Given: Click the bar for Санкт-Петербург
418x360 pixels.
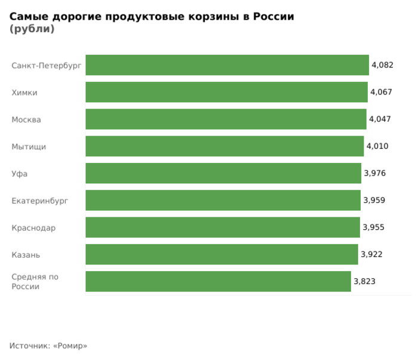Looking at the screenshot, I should point(227,65).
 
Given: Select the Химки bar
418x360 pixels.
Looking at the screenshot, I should point(226,92).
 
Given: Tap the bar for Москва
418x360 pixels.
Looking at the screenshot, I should point(226,119).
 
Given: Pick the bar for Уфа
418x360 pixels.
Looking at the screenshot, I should point(223,173).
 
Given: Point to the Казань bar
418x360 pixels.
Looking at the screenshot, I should point(222,254).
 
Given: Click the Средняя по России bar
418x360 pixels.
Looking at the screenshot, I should point(218,281).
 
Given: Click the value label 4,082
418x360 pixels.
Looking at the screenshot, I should point(382,65).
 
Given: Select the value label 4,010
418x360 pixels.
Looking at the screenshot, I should point(377,146).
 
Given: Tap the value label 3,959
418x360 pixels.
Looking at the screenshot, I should point(374,200).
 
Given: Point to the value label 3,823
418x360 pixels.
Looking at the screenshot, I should point(364,281).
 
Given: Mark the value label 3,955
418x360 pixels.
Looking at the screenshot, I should point(373,227).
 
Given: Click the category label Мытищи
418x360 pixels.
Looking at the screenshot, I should point(29,147).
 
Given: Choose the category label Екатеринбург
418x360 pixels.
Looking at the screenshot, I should point(40,201).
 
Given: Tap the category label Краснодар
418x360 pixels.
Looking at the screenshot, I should point(33,228).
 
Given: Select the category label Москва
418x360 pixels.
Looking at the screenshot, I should point(26,119).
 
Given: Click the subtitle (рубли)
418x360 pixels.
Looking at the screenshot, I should point(32,29).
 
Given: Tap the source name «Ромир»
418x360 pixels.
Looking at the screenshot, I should point(70,346).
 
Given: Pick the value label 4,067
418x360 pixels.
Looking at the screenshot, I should point(381,92).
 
